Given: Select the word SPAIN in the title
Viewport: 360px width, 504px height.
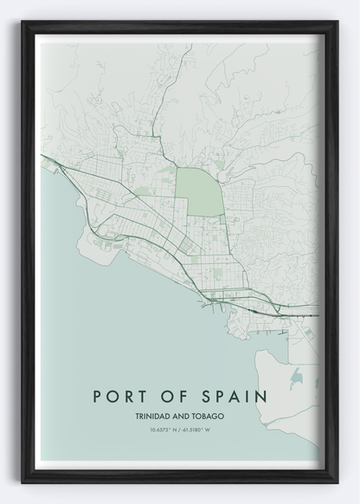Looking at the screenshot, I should [x=231, y=396].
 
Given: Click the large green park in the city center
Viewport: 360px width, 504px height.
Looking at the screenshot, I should [x=199, y=189].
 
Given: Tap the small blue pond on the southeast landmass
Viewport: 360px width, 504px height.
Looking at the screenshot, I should [x=299, y=376].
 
